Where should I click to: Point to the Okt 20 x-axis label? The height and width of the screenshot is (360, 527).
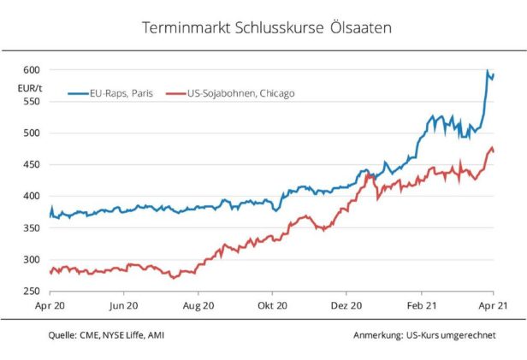(x=272, y=304)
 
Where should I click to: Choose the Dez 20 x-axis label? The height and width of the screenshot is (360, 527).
(x=346, y=304)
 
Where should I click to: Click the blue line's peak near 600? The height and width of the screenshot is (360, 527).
(x=488, y=72)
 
